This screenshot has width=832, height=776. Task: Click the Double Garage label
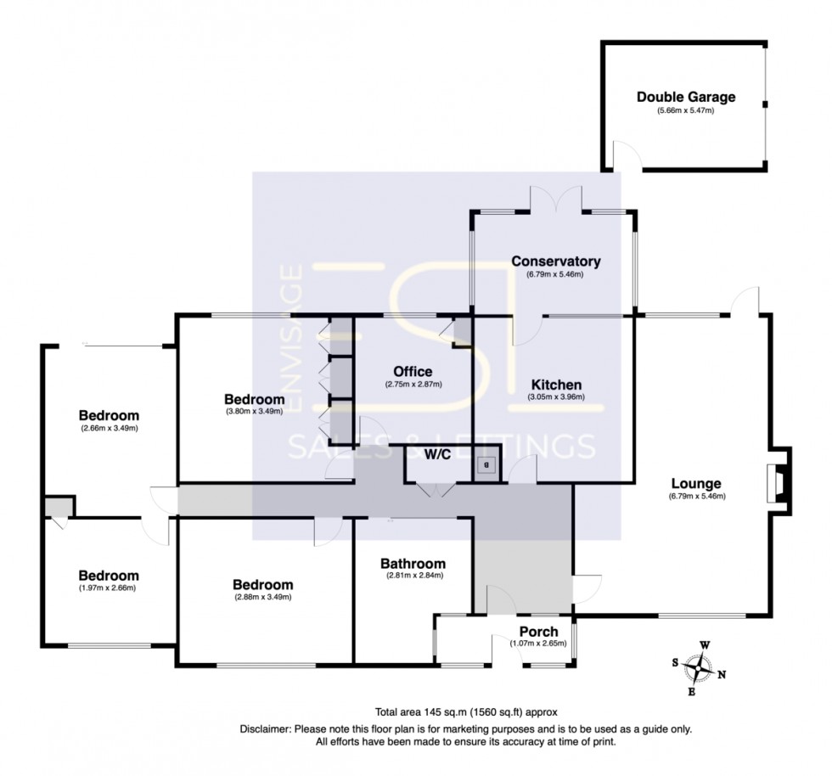point(686,97)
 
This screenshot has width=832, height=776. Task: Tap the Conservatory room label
point(556,261)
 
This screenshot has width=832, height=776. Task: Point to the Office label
point(413,372)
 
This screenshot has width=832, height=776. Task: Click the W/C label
point(437,455)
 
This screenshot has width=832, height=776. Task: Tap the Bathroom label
point(413,564)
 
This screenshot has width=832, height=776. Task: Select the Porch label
point(538,631)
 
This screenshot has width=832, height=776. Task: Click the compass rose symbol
point(700,668)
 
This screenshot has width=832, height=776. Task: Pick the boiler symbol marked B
point(486,465)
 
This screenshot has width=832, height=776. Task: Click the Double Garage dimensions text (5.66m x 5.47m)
point(686,111)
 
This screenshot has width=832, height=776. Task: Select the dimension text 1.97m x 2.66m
point(108,588)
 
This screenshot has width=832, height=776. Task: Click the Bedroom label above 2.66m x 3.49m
point(109,415)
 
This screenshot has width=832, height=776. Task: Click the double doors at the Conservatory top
point(556,199)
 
